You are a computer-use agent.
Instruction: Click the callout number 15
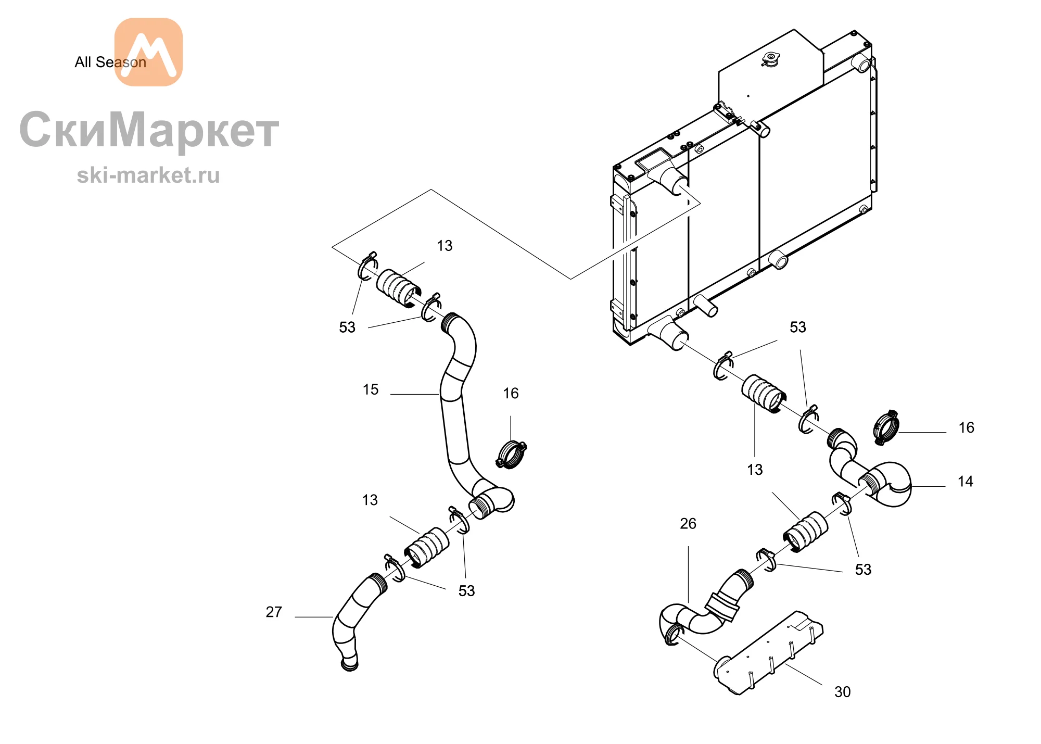click(371, 389)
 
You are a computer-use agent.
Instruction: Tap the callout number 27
click(274, 612)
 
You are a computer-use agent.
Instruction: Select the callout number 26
click(688, 523)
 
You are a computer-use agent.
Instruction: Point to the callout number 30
click(842, 691)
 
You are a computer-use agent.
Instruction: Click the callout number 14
click(965, 481)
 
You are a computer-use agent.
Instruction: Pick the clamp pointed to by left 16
click(511, 454)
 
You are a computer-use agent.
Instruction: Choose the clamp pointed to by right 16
click(886, 427)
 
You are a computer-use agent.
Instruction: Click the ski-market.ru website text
click(148, 175)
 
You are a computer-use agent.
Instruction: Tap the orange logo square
click(148, 52)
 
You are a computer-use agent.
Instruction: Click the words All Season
click(110, 62)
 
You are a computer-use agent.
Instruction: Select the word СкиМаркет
click(149, 130)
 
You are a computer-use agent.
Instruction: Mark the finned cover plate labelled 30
click(768, 653)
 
